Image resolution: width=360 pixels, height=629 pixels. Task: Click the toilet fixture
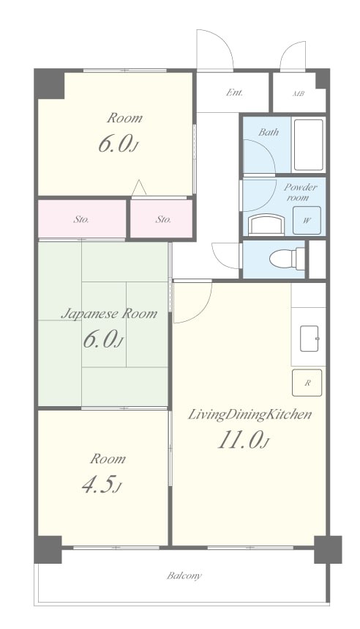pos(287,259)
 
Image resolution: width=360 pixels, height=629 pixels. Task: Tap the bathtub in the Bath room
pos(308,145)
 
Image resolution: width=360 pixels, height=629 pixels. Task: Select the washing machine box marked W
pos(307,220)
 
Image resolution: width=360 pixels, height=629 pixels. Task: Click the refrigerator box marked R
pos(307,383)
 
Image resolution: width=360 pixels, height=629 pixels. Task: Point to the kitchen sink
pos(309,338)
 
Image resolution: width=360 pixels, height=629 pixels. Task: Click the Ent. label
pos(235,92)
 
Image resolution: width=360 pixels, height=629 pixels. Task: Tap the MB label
pos(299,93)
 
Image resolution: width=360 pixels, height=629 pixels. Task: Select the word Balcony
pos(184,576)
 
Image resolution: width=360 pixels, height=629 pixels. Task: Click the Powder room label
pos(300,192)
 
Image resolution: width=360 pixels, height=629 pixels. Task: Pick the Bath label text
pos(269,132)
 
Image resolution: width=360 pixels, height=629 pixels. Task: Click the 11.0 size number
pos(239,441)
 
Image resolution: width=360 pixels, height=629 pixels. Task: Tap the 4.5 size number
pos(100,484)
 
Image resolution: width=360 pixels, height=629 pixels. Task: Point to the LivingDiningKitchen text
pos(250,414)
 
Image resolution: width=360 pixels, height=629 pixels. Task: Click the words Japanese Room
pos(109,313)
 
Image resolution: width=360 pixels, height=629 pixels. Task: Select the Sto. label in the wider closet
pos(81,219)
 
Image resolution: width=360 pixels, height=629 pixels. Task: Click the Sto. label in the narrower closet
pos(163,219)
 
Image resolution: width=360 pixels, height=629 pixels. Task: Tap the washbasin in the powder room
pos(266,225)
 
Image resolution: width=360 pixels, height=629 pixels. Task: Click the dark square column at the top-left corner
pos(49,84)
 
